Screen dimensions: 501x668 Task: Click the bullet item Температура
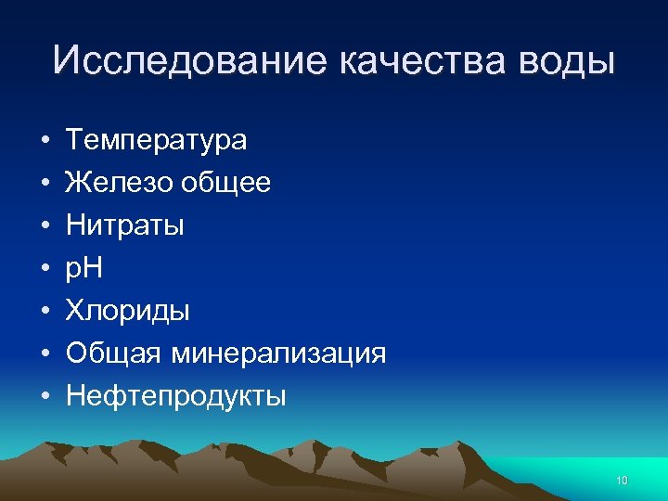(x=156, y=140)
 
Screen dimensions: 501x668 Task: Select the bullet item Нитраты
(x=124, y=225)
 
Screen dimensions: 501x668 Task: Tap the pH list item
(x=83, y=268)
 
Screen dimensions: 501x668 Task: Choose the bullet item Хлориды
(x=127, y=311)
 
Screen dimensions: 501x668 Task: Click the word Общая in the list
(x=109, y=353)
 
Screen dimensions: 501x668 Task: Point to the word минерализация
(x=274, y=353)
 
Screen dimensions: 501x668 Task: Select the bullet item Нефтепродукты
(x=175, y=396)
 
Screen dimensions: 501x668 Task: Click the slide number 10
(x=622, y=480)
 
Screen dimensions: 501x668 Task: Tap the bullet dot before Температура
(x=45, y=141)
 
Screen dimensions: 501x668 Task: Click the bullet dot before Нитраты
(x=45, y=226)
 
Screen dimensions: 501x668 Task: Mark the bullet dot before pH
(x=45, y=269)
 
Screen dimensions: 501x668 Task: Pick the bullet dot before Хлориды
(x=45, y=312)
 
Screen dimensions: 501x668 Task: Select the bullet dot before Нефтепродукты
(x=45, y=397)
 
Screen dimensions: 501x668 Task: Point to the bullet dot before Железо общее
(x=45, y=184)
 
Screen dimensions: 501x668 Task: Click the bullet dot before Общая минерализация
(x=45, y=354)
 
